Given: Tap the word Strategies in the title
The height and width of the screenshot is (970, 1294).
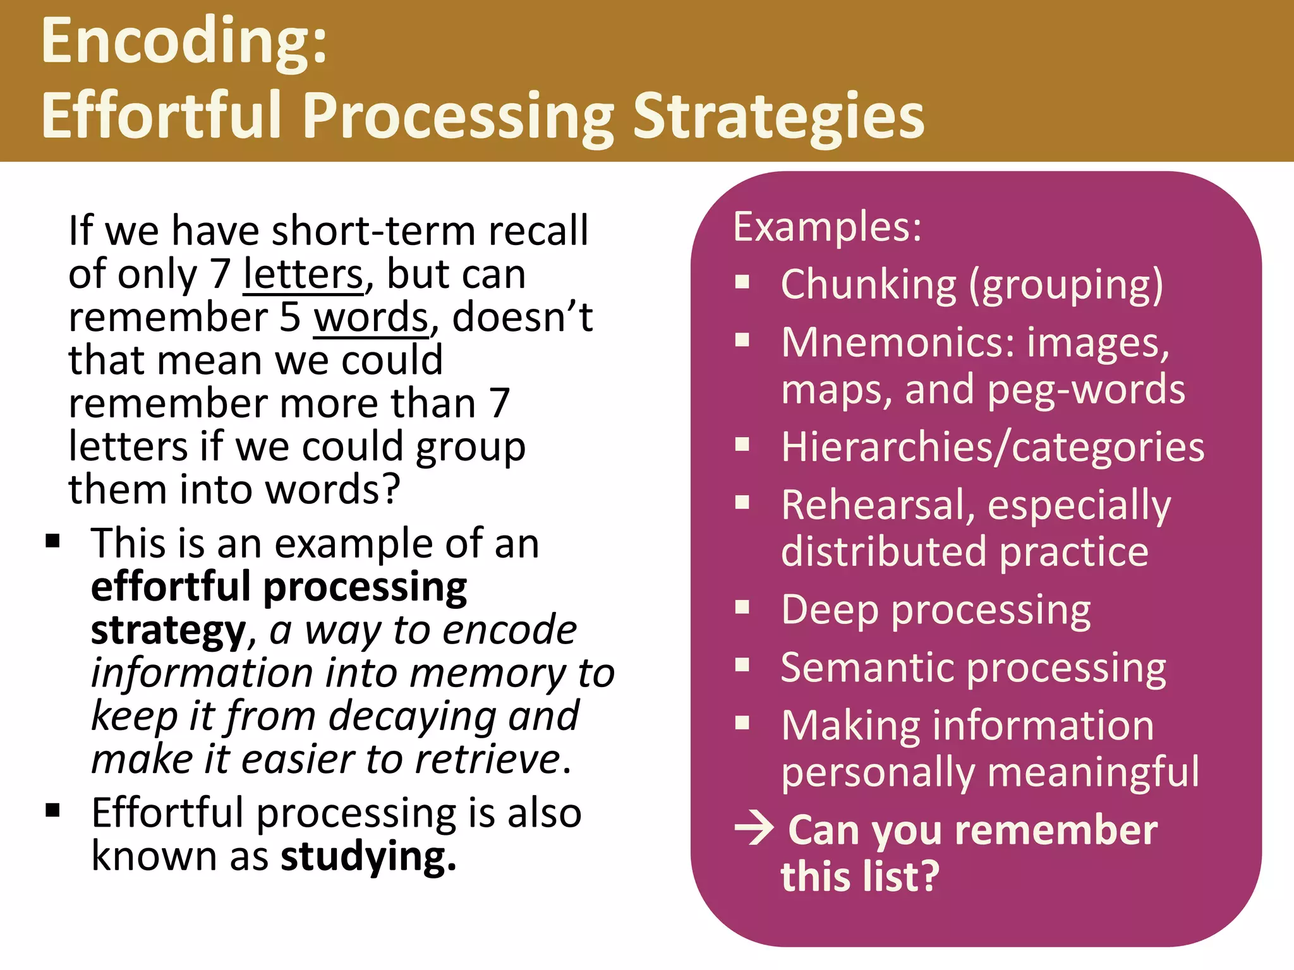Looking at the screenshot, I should click(x=778, y=117).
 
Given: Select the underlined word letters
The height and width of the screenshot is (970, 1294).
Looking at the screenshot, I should click(x=304, y=275).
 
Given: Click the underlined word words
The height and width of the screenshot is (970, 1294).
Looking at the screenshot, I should click(x=372, y=318).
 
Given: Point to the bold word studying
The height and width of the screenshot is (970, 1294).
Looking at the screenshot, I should click(x=368, y=858).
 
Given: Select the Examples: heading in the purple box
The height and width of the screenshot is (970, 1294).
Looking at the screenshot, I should click(x=827, y=227).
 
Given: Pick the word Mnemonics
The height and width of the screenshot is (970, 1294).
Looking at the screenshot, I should click(x=897, y=343).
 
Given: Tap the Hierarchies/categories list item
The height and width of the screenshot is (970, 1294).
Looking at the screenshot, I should click(x=993, y=447).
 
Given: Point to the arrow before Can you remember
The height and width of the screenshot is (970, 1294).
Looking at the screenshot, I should click(x=754, y=829).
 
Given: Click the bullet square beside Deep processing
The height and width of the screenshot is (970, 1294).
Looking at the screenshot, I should click(x=742, y=608).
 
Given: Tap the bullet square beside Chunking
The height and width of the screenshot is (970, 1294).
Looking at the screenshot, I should click(x=742, y=282).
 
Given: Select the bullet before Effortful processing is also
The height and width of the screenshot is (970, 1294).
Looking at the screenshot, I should click(x=52, y=810).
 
